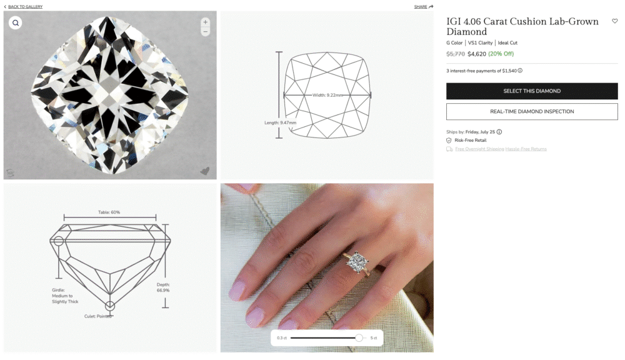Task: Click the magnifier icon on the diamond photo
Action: coord(16,23)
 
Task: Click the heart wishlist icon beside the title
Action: coord(614,21)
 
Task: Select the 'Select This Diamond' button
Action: coord(532,91)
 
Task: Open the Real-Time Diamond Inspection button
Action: coord(532,112)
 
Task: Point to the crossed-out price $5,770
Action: coord(455,54)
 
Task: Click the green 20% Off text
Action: coord(501,54)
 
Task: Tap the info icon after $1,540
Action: coord(520,71)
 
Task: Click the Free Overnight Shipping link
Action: coord(479,149)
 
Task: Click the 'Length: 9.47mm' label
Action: coord(280,122)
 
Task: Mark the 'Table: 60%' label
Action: coord(109,212)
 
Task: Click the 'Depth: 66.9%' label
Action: coord(163,287)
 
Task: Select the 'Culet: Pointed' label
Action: coord(99,316)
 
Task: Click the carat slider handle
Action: coord(359,338)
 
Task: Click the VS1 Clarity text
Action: coord(480,43)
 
